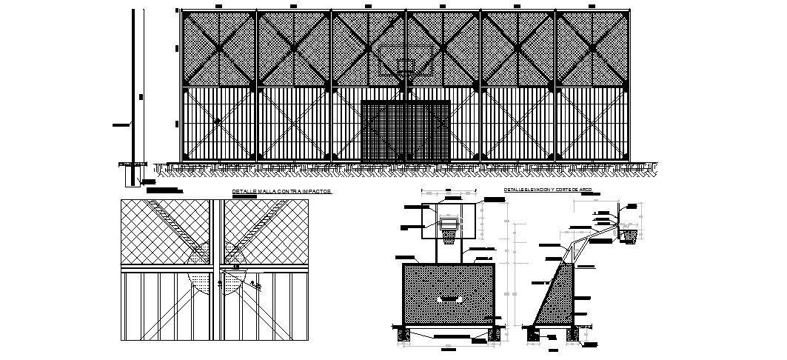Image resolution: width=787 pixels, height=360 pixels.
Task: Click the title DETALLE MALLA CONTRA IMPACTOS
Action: (x=281, y=192)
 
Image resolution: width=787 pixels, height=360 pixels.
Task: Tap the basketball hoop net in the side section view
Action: (x=629, y=236)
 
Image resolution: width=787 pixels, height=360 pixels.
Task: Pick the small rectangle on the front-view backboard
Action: (x=449, y=222)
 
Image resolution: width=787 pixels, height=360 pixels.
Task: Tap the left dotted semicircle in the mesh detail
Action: (x=200, y=282)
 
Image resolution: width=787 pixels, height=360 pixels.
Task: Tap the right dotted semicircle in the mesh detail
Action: (x=235, y=282)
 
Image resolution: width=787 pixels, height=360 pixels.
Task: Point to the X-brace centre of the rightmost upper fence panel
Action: (x=592, y=49)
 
